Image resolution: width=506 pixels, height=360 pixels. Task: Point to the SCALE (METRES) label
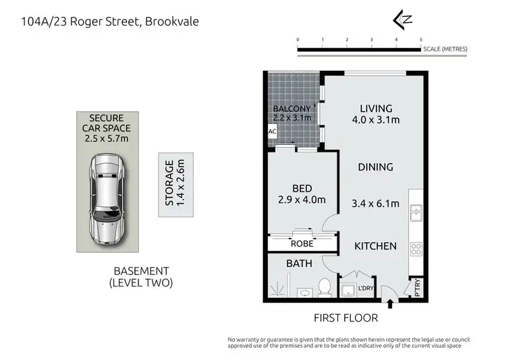coord(445,49)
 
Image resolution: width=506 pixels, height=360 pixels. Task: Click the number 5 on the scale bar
coord(421,40)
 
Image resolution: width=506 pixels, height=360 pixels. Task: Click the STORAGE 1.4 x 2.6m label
coord(175,183)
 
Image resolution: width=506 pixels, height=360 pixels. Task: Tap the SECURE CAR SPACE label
coord(106,127)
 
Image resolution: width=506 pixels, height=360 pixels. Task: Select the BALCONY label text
coord(291,109)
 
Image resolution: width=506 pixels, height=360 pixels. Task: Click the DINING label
coord(376,167)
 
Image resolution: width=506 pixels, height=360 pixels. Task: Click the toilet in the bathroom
coord(324,287)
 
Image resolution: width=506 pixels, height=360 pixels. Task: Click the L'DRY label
coord(366,289)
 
